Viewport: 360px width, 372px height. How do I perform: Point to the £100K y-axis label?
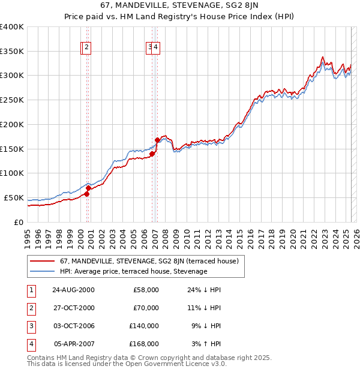click(x=12, y=173)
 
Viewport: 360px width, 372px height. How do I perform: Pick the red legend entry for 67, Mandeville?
click(x=149, y=261)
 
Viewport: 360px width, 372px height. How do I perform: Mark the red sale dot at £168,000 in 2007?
click(x=157, y=140)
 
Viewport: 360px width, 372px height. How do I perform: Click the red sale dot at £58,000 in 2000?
click(x=87, y=194)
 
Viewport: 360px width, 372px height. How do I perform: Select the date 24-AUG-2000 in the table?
click(x=73, y=290)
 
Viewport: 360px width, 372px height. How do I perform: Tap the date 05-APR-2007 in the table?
click(x=73, y=344)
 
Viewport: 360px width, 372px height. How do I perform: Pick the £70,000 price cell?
click(x=146, y=308)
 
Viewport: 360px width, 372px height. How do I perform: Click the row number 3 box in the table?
click(x=30, y=326)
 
